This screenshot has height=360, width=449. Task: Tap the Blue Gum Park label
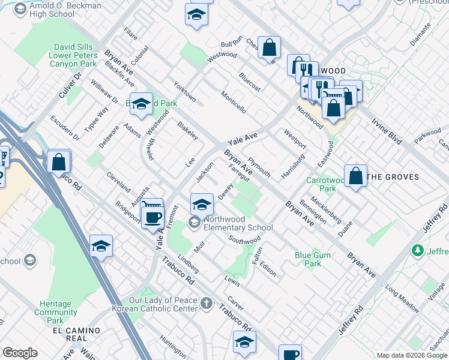click(312, 259)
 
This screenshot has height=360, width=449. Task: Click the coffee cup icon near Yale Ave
click(152, 217)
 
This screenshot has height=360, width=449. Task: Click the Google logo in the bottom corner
click(20, 352)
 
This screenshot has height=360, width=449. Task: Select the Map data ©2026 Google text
click(411, 355)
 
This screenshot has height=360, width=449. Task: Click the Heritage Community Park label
click(55, 312)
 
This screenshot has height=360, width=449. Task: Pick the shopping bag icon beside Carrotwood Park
click(356, 176)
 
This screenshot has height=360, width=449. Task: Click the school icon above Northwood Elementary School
click(202, 205)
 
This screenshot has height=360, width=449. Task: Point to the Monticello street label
click(233, 103)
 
